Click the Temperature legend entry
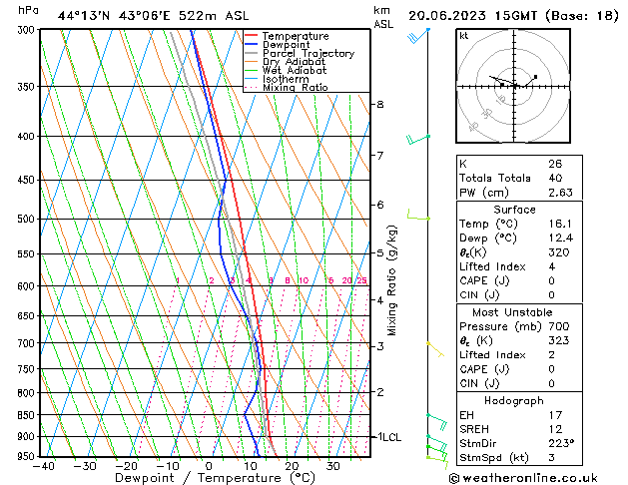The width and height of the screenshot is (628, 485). pos(296,36)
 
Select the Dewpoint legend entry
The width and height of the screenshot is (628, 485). pos(291,45)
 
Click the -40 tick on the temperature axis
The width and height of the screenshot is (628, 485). pos(43,466)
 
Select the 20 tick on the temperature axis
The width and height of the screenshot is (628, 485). pos(291,466)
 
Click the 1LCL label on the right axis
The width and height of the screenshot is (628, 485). pos(387,437)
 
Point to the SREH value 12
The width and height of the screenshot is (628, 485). pos(555,429)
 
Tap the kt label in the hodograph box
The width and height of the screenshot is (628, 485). pos(464,35)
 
